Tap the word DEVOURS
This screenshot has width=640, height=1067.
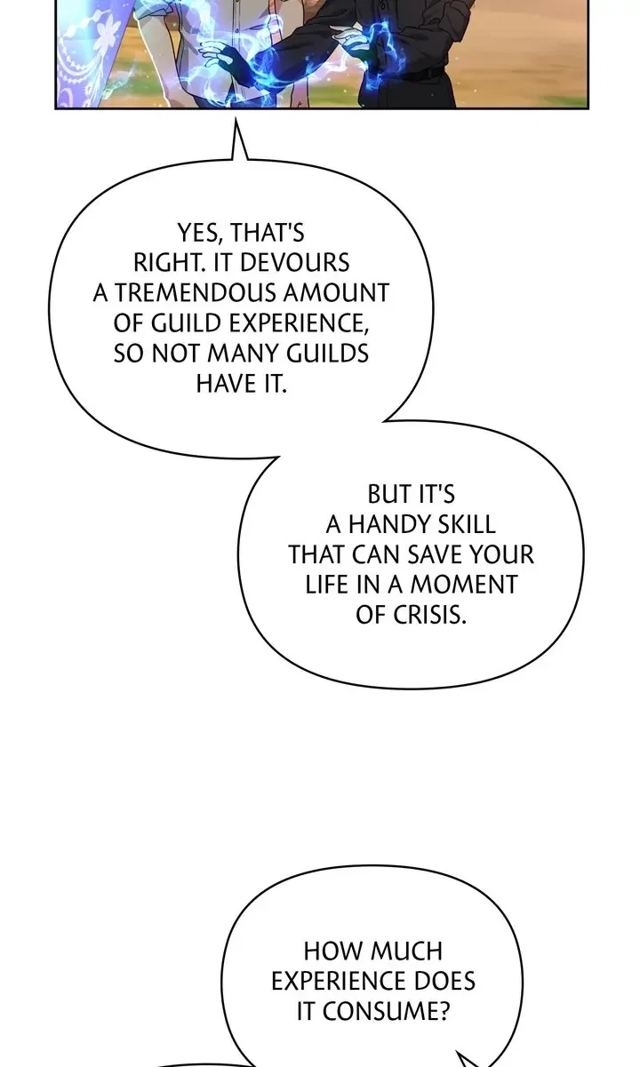[294, 263]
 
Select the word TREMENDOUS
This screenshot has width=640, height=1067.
[196, 293]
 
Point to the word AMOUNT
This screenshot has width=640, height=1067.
[336, 293]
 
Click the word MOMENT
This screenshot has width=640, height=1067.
[464, 585]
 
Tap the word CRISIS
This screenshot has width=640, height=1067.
[429, 615]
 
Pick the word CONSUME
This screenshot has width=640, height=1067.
[386, 1011]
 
